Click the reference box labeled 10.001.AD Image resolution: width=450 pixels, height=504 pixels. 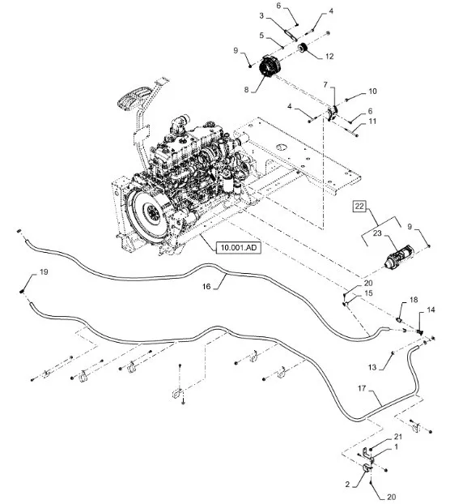pos(238,247)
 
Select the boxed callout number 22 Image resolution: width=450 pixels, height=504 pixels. pos(359,206)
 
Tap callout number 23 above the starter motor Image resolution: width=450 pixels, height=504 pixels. pos(377,233)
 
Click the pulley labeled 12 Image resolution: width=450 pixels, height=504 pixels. pos(303,49)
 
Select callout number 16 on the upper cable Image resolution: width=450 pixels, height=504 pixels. pos(206,286)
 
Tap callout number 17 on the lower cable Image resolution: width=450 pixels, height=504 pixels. pos(362,388)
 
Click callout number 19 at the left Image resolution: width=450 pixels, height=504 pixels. pos(44,272)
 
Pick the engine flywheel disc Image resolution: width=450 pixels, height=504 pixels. pos(151,213)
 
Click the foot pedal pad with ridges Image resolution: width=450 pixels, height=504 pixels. pos(134,98)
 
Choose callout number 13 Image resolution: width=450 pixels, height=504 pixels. pos(372,367)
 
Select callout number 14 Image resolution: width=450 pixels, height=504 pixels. pos(431,310)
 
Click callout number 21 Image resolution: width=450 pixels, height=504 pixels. pos(398,437)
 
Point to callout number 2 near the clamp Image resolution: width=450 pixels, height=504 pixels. pos(347,493)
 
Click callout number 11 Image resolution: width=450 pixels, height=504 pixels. pos(372,122)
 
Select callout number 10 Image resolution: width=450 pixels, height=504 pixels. pos(372,92)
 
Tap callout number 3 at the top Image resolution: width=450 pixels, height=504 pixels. pos(261,15)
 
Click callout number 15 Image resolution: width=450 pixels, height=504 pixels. pos(369,293)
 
